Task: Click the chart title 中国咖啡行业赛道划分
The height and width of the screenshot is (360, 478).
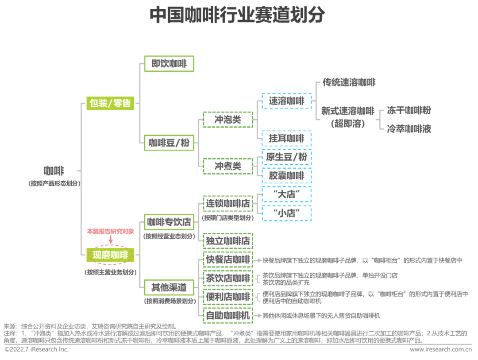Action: click(x=237, y=15)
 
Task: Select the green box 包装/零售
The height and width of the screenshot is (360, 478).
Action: click(x=110, y=103)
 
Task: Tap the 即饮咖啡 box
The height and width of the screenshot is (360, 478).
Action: click(x=169, y=63)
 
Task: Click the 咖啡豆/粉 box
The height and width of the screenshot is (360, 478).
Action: click(x=169, y=143)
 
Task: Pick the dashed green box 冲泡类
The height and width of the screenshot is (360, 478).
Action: click(x=228, y=120)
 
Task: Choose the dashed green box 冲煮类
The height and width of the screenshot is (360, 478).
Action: click(x=228, y=166)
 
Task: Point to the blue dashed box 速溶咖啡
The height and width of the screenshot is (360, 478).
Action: click(x=286, y=101)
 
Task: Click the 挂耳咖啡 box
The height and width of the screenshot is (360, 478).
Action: click(x=286, y=139)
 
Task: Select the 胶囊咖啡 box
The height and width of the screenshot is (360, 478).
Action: click(x=286, y=176)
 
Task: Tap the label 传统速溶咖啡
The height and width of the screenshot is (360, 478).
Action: click(x=349, y=82)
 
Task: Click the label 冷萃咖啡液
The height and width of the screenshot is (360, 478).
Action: click(x=409, y=129)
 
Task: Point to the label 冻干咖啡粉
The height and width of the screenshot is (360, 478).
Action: click(x=409, y=110)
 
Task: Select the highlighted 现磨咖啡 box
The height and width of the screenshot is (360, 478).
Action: click(x=110, y=255)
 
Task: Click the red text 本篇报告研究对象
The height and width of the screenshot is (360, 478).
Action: click(x=111, y=231)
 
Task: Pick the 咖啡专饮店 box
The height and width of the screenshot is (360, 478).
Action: click(x=169, y=222)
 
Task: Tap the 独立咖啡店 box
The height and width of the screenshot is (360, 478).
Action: click(x=228, y=241)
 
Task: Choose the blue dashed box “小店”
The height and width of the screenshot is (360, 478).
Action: click(x=286, y=213)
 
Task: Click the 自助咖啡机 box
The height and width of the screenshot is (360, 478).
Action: click(x=228, y=315)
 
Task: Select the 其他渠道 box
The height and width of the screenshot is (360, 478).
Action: click(x=169, y=287)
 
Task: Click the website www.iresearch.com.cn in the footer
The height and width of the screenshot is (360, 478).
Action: click(x=441, y=350)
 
